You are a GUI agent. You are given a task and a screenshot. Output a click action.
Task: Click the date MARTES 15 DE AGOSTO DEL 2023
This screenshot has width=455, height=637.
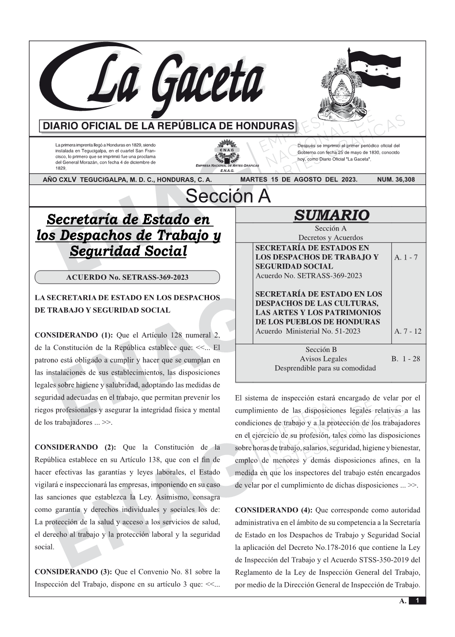299,180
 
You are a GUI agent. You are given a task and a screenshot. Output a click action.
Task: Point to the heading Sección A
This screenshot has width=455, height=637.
228,196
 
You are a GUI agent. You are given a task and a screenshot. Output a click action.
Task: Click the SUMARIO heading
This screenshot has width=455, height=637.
331,215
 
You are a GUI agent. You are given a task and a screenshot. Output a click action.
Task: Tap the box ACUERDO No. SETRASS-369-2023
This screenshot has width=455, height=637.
127,277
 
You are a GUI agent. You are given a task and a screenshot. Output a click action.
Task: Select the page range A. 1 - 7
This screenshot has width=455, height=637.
406,257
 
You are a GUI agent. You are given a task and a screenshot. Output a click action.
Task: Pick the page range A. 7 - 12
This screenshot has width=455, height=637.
407,331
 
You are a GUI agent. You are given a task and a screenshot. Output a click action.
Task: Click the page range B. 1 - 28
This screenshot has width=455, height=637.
406,359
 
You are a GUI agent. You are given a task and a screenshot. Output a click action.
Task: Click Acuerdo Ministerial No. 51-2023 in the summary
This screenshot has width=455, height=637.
308,331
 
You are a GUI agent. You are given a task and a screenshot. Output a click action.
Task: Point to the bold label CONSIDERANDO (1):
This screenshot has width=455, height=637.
73,335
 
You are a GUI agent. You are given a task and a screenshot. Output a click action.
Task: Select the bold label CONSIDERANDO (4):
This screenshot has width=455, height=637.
273,510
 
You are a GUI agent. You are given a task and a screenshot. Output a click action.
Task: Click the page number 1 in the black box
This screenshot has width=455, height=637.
417,601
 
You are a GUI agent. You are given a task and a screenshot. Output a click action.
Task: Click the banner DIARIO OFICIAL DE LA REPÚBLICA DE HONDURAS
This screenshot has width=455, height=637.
168,126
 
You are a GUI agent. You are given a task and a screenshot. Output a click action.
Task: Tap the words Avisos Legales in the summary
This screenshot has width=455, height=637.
323,359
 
